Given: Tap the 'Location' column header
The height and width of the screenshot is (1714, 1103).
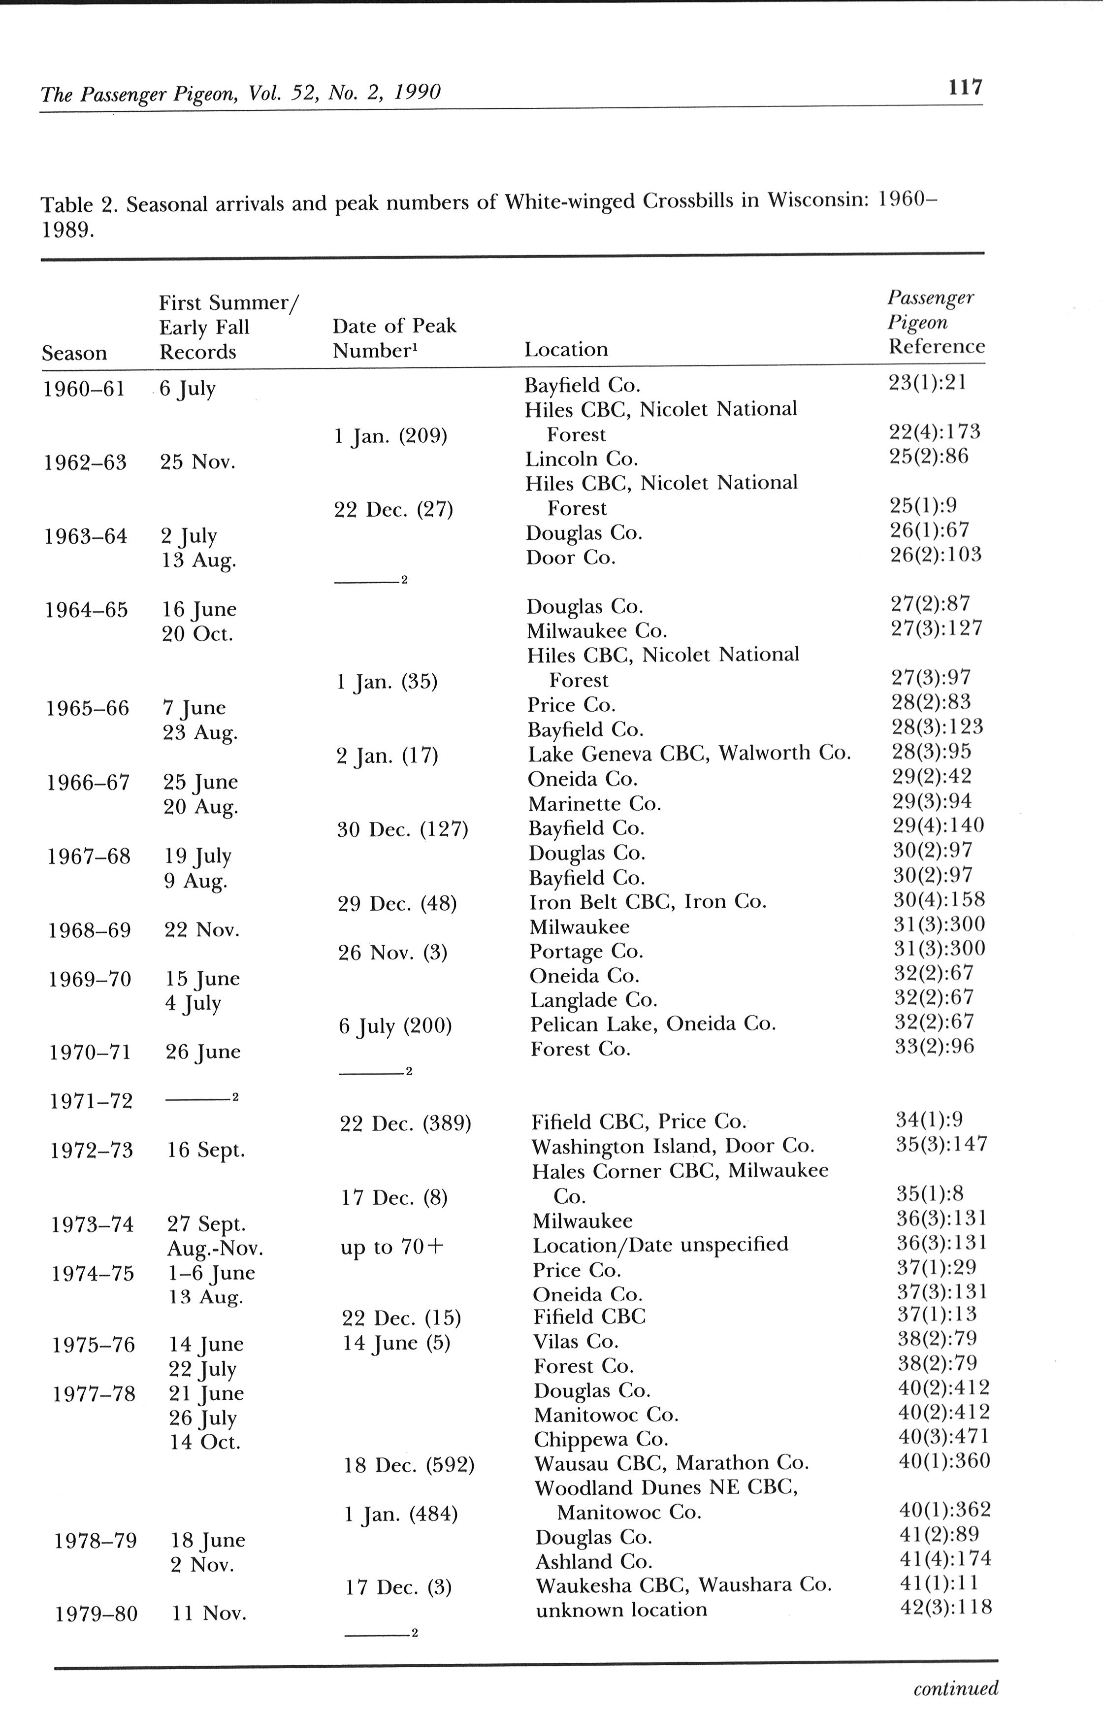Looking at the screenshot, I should coord(566,350).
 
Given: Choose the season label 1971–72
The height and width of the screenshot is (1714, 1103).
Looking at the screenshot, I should coord(92,1100).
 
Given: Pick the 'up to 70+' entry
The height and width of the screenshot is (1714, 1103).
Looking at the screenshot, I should coord(392,1247).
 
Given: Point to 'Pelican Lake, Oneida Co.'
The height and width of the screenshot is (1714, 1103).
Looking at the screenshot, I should coord(652,1024).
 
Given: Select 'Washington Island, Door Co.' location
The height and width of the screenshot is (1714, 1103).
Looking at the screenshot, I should coord(673,1146).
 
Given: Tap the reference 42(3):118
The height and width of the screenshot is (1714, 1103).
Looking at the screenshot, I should coord(945,1607).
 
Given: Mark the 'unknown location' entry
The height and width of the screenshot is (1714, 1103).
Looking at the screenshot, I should coord(621,1610).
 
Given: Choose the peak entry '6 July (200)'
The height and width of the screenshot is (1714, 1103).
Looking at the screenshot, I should coord(395,1026).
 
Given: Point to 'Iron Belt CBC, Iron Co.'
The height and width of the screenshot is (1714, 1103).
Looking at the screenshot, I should coord(648,902).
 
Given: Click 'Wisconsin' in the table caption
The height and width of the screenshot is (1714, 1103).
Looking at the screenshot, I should coord(818,200).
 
